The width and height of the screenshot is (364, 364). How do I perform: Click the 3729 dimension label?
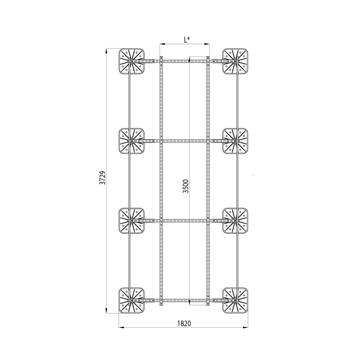[x=103, y=178]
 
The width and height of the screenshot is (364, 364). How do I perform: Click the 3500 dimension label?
[x=186, y=186]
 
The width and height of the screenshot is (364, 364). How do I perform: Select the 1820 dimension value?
[x=184, y=323]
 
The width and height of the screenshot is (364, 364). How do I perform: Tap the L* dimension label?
[x=187, y=40]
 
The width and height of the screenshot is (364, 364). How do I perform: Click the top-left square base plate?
[x=132, y=61]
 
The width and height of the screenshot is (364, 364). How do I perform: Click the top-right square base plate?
[x=235, y=61]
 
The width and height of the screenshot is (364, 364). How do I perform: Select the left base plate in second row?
[x=132, y=141]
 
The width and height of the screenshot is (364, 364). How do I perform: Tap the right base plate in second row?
[x=235, y=141]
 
